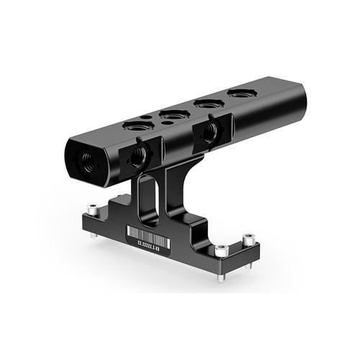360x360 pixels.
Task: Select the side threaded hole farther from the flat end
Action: point(210,131)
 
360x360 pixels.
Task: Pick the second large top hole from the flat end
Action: point(174,114)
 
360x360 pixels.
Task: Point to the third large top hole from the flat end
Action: point(210,103)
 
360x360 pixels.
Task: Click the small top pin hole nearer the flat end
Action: point(146,116)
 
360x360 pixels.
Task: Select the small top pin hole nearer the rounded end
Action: point(166,123)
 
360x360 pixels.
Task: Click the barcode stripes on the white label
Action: point(148,235)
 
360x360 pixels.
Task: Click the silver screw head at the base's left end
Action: point(92,210)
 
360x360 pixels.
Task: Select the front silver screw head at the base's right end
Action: point(221,251)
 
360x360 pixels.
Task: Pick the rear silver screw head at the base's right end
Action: point(248,238)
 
